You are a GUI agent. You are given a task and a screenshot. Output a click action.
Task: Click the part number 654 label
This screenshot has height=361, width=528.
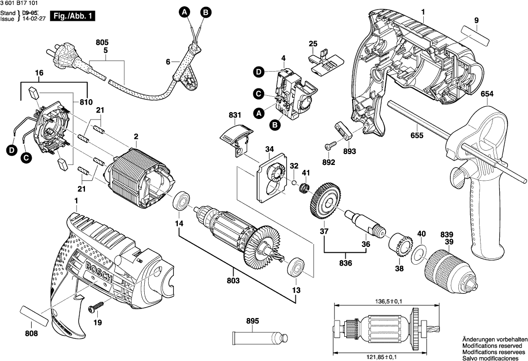point(488,93)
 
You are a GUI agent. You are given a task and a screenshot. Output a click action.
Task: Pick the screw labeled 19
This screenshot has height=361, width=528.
point(94,309)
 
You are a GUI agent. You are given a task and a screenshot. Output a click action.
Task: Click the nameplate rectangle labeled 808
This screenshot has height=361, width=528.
point(35,315)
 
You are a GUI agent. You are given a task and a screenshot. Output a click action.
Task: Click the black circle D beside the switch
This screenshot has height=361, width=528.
point(258,72)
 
